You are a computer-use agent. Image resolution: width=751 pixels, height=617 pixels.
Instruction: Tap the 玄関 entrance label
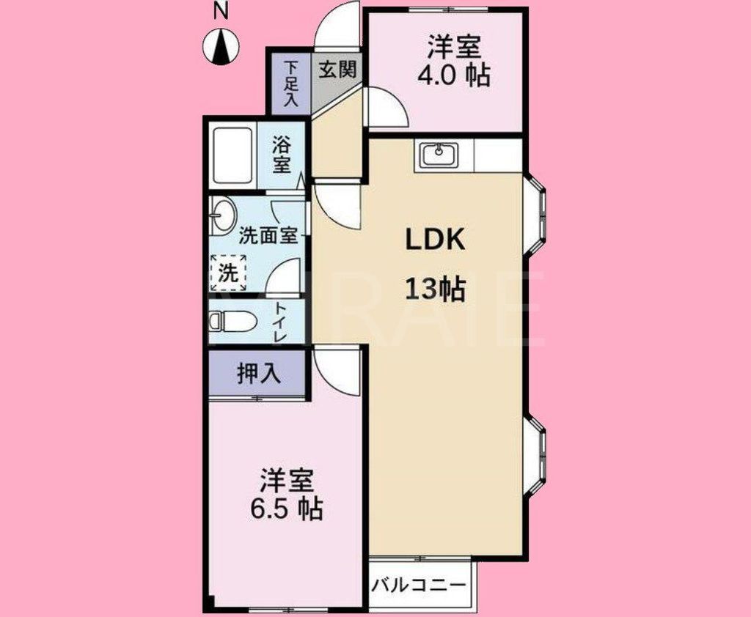(338, 70)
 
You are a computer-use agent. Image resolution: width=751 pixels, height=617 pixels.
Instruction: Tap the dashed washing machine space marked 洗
(228, 273)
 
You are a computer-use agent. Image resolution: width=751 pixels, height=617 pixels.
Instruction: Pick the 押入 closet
(258, 374)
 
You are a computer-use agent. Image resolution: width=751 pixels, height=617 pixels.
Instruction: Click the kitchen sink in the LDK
(439, 155)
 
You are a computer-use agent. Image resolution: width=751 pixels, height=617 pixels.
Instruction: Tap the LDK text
(436, 241)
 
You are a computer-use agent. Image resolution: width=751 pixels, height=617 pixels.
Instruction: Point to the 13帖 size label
(436, 290)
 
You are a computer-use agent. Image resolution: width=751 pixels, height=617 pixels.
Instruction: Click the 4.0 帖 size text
(454, 75)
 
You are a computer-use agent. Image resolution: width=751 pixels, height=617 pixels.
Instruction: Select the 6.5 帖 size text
(287, 508)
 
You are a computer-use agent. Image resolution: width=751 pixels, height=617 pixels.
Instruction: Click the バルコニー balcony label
(420, 586)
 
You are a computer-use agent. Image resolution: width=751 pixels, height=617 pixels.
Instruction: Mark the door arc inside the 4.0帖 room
(387, 108)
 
